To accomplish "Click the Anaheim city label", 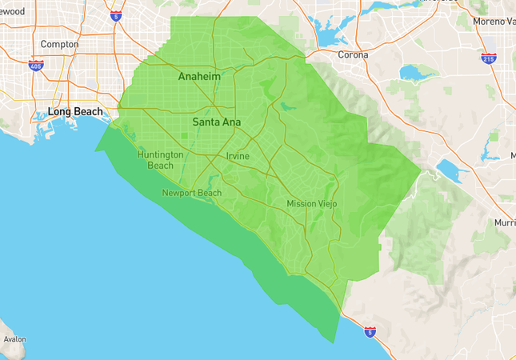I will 198,78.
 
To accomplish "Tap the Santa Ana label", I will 216,122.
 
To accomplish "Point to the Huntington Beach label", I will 160,160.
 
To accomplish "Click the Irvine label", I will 238,155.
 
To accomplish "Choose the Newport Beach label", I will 191,193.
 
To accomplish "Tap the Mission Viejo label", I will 312,204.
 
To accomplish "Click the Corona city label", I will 353,55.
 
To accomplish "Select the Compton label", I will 59,44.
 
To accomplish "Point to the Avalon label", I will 14,339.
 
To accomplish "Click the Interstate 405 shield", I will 35,66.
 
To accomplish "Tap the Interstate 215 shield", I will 488,58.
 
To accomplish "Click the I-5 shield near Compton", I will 117,14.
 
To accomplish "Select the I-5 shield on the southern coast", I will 370,330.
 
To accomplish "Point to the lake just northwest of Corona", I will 330,32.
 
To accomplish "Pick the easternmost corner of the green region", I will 421,170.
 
